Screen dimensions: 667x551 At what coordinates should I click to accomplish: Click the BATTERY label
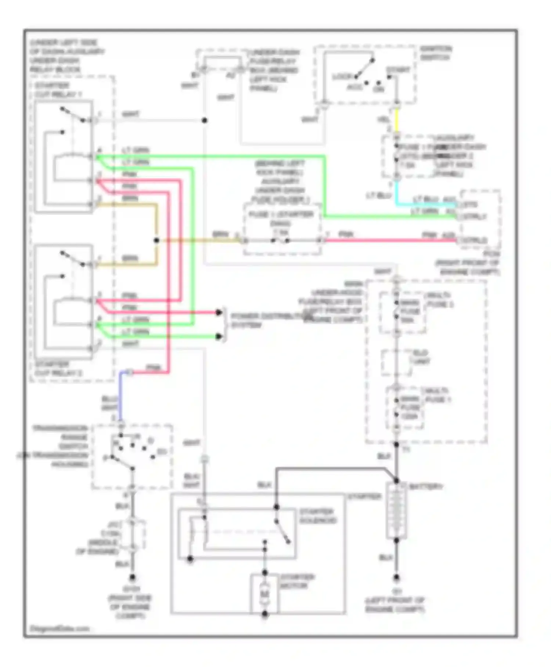426,486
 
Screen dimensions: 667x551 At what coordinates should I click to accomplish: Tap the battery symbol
396,511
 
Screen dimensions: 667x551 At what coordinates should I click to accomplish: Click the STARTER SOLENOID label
318,516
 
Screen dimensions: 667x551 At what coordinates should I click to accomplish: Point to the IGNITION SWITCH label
436,53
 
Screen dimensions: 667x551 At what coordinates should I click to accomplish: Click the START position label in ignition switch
398,70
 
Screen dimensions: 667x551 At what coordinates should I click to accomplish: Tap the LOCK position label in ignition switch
342,77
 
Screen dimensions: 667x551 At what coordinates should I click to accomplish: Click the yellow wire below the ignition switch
396,121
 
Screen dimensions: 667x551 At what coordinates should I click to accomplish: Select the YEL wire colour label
383,120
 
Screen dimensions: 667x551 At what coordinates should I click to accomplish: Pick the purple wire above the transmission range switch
120,395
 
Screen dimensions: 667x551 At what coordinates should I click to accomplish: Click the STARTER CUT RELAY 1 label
58,90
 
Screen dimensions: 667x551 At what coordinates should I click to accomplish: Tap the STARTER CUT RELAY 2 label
58,369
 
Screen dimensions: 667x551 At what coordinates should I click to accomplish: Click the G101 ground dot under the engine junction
133,578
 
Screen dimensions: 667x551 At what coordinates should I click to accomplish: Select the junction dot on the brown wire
156,240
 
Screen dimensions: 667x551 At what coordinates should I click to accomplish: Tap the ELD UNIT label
420,357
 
